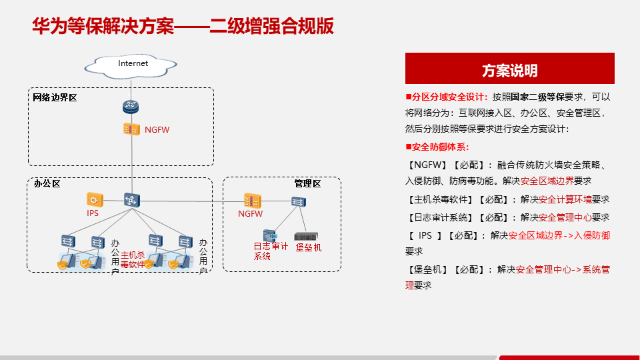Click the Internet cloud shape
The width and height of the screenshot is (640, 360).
[133, 65]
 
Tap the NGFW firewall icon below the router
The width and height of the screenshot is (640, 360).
[131, 129]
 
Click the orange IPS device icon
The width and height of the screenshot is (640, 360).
[94, 199]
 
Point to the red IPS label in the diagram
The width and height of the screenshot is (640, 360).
[93, 213]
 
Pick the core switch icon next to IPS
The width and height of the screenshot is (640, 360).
[131, 199]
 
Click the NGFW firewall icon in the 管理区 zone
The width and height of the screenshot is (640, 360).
[252, 200]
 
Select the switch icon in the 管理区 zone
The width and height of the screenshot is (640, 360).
[297, 201]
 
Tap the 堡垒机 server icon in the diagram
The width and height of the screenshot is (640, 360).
[306, 236]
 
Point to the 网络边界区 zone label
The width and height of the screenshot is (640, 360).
[55, 98]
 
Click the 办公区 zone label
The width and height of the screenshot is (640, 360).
[47, 183]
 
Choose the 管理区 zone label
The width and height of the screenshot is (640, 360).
[307, 183]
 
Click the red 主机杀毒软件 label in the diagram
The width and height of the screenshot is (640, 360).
[132, 259]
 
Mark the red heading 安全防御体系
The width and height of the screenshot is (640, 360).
[440, 147]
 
